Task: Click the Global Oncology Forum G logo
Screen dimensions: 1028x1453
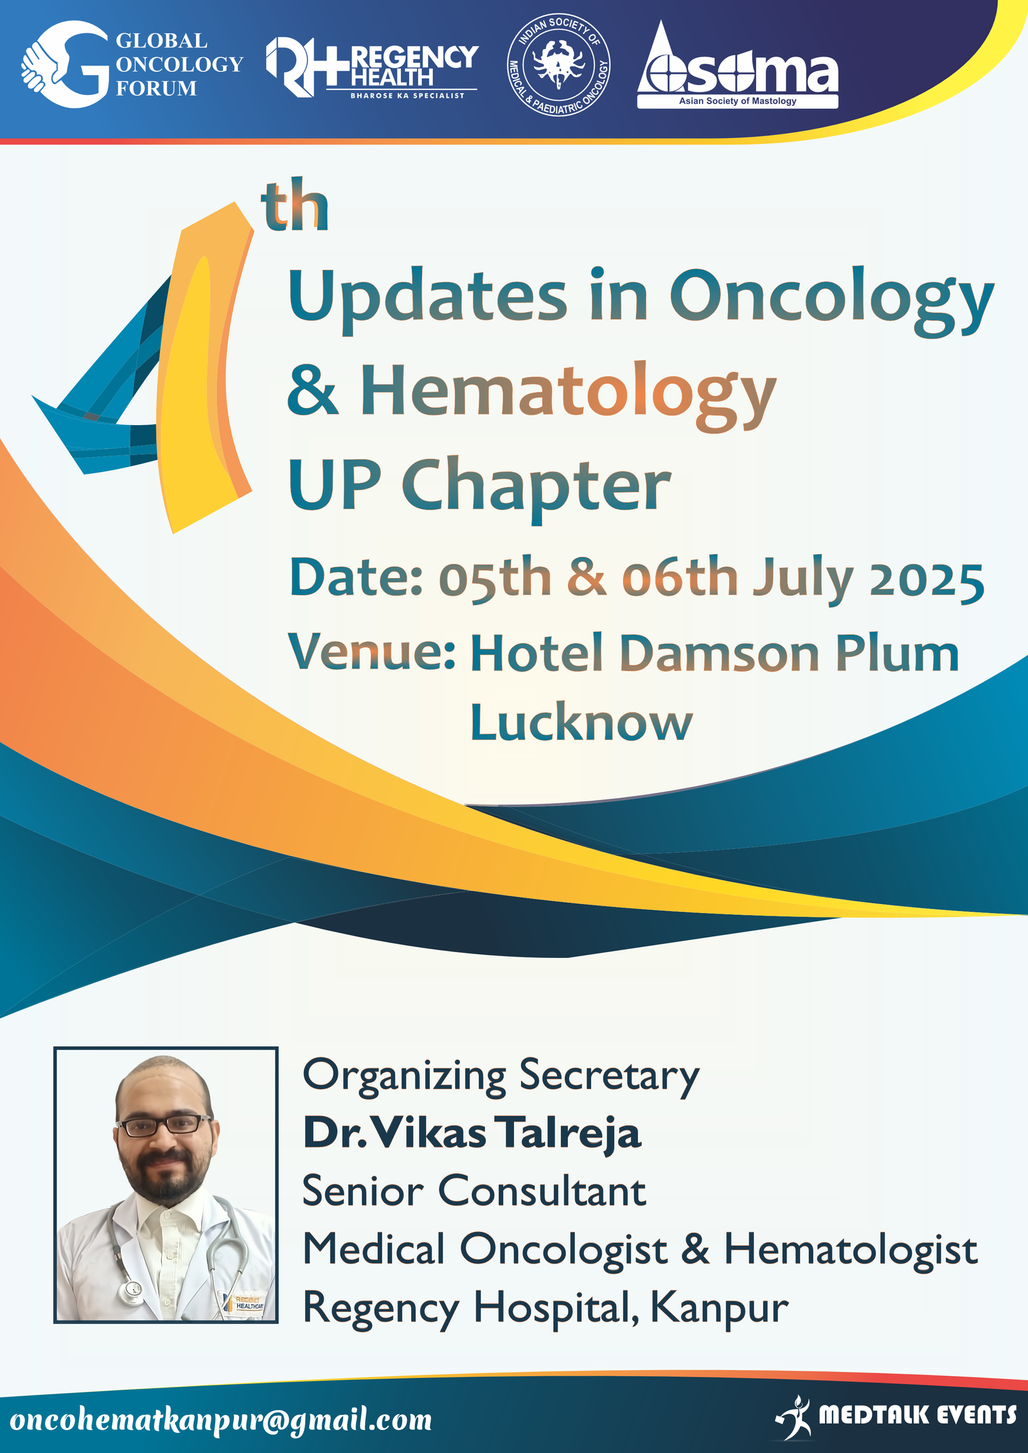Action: click(x=66, y=64)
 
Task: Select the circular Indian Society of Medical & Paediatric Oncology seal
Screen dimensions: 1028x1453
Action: click(x=558, y=64)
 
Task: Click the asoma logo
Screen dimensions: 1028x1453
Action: click(x=738, y=65)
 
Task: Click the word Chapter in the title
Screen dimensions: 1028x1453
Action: click(x=537, y=485)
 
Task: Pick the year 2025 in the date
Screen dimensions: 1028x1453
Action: click(x=926, y=580)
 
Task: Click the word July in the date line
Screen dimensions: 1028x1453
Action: click(x=803, y=579)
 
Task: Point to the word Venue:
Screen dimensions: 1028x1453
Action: click(x=372, y=652)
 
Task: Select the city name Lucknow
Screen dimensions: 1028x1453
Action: click(x=581, y=722)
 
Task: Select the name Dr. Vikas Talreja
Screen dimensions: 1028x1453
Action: click(x=472, y=1133)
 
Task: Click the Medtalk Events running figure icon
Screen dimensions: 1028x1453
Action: click(x=794, y=1416)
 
